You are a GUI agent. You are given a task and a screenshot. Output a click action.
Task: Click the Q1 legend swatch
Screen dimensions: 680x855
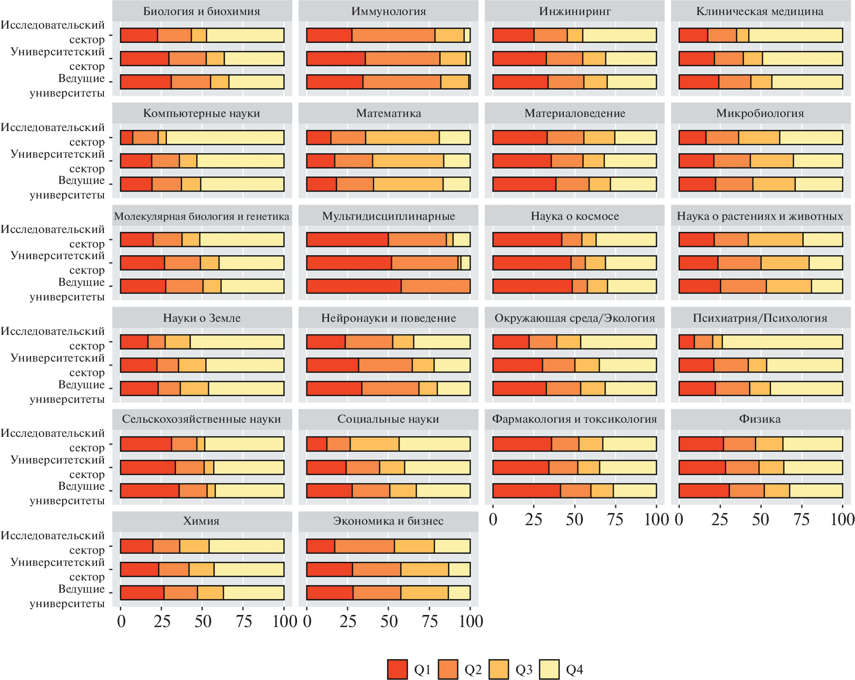click(397, 669)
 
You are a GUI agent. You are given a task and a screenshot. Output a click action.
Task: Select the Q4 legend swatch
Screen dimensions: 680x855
click(549, 669)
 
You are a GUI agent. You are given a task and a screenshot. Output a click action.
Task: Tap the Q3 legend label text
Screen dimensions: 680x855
click(524, 670)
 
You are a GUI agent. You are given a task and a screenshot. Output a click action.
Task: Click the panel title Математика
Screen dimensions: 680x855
click(388, 113)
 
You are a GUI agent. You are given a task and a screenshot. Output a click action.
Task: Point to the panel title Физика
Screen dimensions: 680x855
click(760, 419)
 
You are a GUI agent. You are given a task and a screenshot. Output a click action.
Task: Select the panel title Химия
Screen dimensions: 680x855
click(201, 521)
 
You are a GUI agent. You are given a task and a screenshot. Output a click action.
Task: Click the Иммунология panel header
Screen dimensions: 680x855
click(388, 11)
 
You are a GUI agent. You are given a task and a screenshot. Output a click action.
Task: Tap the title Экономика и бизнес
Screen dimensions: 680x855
click(388, 521)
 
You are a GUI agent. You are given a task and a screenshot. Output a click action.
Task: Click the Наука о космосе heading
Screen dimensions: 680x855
click(575, 216)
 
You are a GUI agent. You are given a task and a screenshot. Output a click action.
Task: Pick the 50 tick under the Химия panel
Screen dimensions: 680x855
click(203, 622)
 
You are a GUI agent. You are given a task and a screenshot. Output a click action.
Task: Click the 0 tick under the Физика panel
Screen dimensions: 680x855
click(679, 520)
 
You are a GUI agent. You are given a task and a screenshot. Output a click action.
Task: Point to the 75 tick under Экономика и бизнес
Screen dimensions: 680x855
click(429, 622)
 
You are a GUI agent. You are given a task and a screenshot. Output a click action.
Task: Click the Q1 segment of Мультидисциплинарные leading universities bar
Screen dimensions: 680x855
click(354, 286)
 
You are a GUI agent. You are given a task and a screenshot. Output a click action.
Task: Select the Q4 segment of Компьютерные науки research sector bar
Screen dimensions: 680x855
click(225, 137)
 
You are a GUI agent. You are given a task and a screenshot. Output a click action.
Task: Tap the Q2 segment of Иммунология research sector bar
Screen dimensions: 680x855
click(393, 35)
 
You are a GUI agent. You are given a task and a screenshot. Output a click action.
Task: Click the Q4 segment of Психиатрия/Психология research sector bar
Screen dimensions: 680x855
click(782, 342)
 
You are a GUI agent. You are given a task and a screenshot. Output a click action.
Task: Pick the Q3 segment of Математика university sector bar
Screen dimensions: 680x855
click(408, 161)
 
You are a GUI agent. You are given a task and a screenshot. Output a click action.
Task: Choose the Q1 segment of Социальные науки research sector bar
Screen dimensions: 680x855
click(317, 444)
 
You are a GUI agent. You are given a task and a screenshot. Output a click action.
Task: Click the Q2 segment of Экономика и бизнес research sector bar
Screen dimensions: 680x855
click(364, 546)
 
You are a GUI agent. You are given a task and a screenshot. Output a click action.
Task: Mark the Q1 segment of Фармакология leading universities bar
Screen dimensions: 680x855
click(526, 491)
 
